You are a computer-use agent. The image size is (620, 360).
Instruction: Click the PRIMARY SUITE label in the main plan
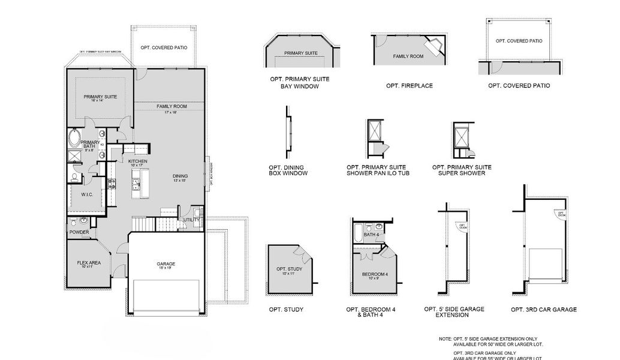[100, 97]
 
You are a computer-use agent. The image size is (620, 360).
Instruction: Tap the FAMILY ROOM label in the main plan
[172, 106]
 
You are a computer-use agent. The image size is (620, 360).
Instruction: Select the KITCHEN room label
[138, 161]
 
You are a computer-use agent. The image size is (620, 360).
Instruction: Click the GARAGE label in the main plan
[166, 263]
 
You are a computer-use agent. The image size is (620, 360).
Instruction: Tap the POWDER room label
[79, 232]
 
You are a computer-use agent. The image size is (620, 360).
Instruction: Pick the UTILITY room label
[191, 220]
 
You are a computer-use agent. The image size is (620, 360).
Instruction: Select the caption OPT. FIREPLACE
[410, 86]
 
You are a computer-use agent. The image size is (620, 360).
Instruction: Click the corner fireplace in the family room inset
[435, 45]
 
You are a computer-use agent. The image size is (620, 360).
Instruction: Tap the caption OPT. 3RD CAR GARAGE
[544, 310]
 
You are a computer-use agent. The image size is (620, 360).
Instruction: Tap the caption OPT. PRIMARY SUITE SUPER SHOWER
[462, 170]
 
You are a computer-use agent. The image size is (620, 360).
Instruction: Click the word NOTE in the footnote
[445, 340]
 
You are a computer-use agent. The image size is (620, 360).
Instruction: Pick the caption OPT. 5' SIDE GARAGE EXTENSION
[454, 312]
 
